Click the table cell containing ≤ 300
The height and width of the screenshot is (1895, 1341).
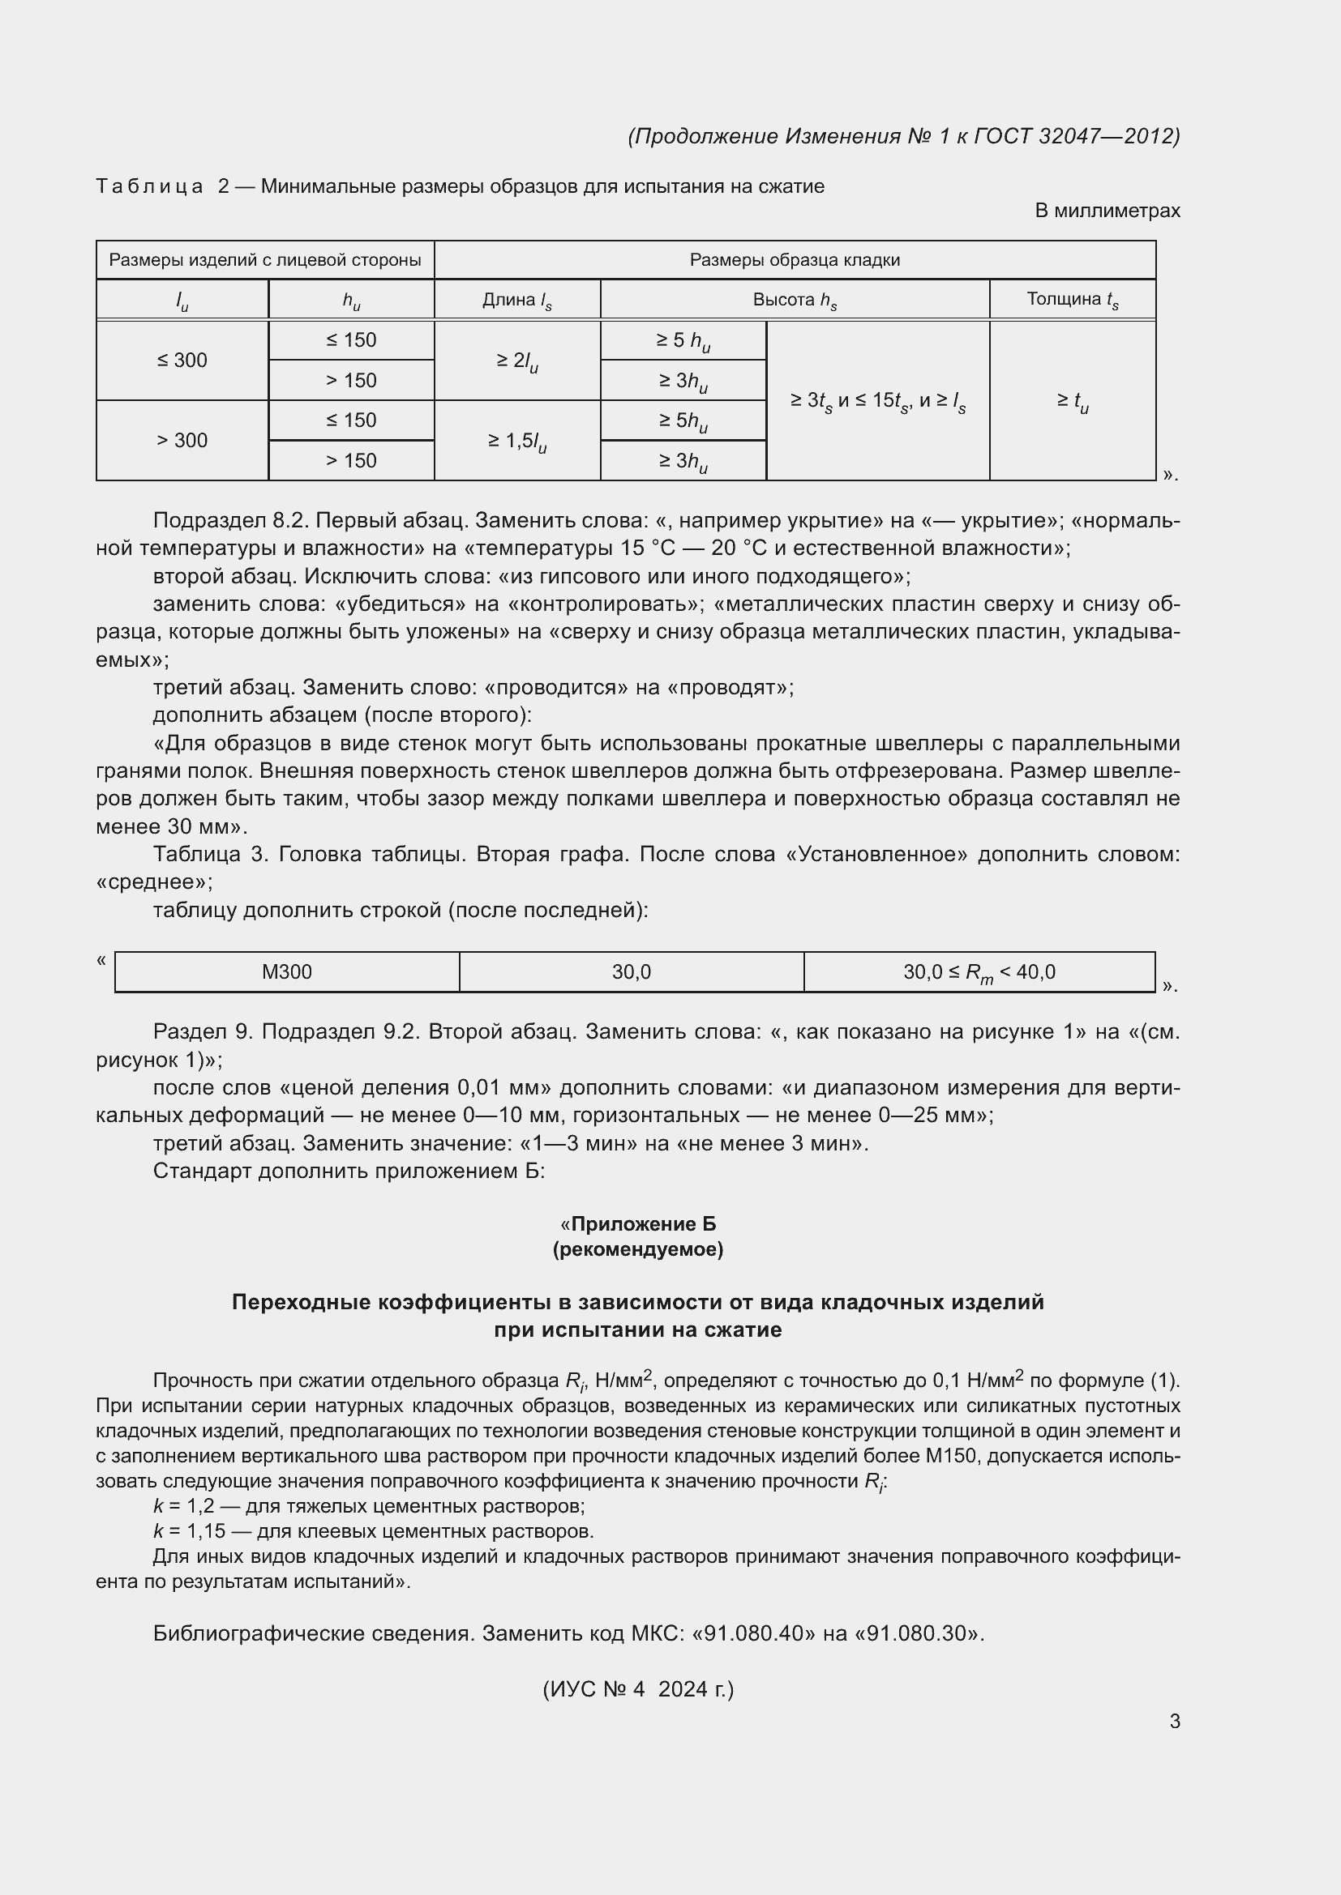182,361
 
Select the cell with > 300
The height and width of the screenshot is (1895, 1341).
182,441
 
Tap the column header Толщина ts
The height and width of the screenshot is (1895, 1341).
1072,300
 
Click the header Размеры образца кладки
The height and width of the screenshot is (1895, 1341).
795,260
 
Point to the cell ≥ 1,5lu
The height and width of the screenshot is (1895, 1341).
517,442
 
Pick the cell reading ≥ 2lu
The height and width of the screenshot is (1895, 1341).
517,361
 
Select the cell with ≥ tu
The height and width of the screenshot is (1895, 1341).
1072,402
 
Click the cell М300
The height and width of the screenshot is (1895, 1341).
286,972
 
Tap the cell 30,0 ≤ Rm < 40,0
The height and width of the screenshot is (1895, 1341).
979,972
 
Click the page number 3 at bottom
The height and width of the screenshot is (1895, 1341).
1174,1722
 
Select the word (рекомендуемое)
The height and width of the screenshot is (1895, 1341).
637,1249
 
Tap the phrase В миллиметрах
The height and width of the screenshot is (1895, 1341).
1107,211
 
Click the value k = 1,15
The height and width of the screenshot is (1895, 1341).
189,1532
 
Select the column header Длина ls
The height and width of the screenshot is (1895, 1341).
517,300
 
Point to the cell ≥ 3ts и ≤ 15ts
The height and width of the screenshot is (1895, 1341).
877,402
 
